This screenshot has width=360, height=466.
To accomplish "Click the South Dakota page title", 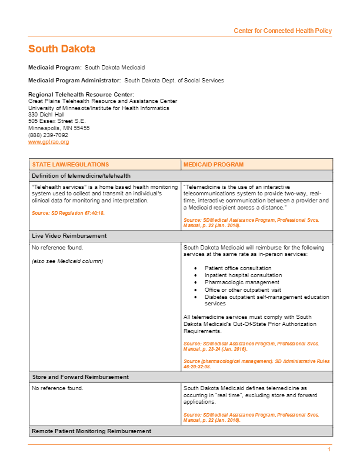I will pos(62,49).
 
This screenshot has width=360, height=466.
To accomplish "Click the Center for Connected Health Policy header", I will pos(282,31).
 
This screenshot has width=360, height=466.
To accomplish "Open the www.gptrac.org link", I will pos(48,142).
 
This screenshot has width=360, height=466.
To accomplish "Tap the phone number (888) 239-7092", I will pos(48,135).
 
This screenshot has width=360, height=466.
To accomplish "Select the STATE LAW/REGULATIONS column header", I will pos(70,165).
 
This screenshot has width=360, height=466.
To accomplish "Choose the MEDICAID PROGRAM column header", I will pos(214,165).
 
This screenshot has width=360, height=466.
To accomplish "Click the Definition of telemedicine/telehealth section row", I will pos(81,175).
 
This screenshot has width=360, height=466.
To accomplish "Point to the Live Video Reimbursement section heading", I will pos(69,235).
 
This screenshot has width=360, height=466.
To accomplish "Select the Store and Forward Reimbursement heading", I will pos(80,377).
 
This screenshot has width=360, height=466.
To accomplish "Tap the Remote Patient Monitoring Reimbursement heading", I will pos(91,431).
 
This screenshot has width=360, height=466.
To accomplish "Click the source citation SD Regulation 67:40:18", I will pos(68,212).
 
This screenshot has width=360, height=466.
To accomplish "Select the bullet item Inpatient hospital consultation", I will pos(243,275).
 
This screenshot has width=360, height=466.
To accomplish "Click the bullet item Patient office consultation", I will pos(238,268).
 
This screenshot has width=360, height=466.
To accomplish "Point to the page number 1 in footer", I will pos(329,450).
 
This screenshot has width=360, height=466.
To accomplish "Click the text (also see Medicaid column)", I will pos(66,261).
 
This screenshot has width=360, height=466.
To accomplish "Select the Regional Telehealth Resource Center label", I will pos(81,95).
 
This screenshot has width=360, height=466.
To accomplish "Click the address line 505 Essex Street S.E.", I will pos(57,121).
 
